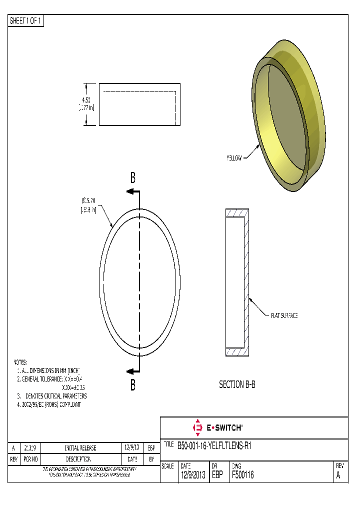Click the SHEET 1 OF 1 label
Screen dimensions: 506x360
pos(26,21)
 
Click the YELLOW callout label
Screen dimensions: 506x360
pos(233,158)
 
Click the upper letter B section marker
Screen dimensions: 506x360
pos(133,177)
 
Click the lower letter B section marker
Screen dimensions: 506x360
pos(133,385)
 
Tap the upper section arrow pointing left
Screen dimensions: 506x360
pos(132,191)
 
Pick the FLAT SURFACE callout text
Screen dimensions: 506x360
pos(284,315)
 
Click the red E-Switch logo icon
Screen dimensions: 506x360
pos(196,427)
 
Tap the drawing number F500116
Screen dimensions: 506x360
pos(242,475)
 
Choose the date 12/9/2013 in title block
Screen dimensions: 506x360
pos(192,475)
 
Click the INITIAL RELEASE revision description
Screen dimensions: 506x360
pos(80,448)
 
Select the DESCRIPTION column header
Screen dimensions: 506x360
pos(80,459)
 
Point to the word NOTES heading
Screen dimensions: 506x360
pos(20,362)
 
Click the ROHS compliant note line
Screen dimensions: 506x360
pos(49,404)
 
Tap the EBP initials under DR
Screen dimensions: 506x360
pos(217,475)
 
